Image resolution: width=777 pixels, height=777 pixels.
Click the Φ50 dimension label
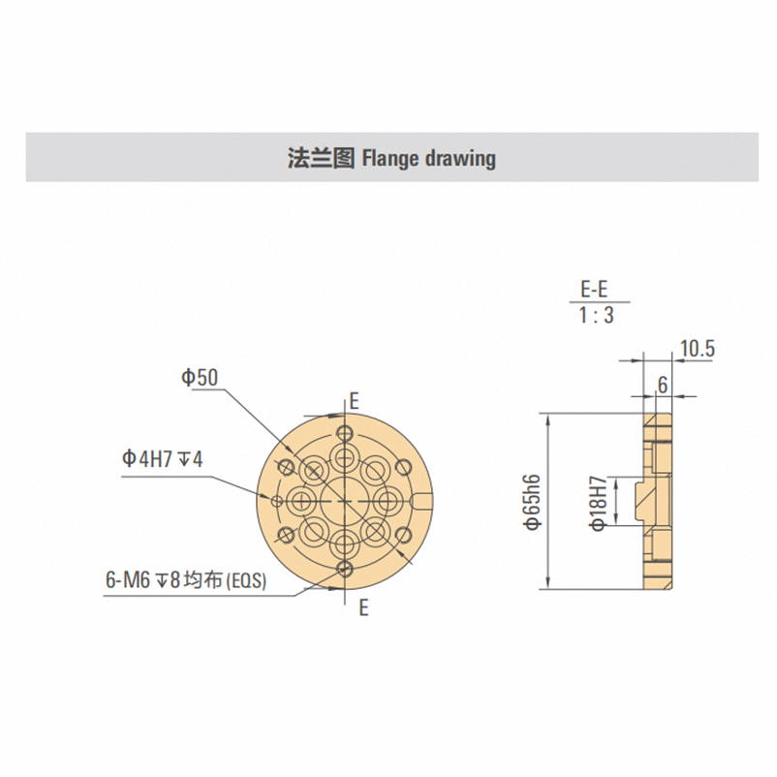point(200,378)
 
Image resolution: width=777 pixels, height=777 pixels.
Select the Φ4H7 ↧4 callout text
point(163,459)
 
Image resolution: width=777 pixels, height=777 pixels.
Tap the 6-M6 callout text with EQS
point(186,579)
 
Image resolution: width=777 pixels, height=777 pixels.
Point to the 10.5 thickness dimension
point(698,350)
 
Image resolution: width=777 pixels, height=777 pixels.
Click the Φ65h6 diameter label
point(534,502)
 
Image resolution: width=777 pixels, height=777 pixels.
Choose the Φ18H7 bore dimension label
point(599,504)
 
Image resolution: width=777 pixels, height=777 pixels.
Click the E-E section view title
point(594,289)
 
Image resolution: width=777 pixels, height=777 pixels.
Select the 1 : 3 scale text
point(597,315)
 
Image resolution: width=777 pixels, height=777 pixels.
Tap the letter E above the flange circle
point(354,401)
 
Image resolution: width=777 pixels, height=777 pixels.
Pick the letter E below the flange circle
point(363,607)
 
